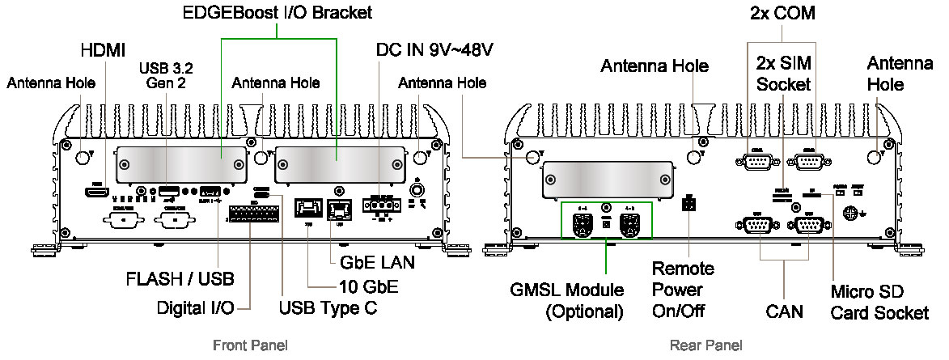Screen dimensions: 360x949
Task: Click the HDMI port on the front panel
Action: point(96,193)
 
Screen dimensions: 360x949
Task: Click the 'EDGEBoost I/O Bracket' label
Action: point(277,12)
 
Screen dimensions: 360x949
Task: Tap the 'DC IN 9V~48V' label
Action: point(435,49)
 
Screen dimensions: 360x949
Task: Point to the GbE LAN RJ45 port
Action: point(337,209)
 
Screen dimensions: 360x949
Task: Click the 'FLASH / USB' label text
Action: point(180,280)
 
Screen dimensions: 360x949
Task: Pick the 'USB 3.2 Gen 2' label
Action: point(167,74)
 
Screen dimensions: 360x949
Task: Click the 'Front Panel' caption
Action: point(250,346)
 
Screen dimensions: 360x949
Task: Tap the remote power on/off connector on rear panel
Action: point(688,204)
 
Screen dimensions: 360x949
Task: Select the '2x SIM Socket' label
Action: point(784,73)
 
